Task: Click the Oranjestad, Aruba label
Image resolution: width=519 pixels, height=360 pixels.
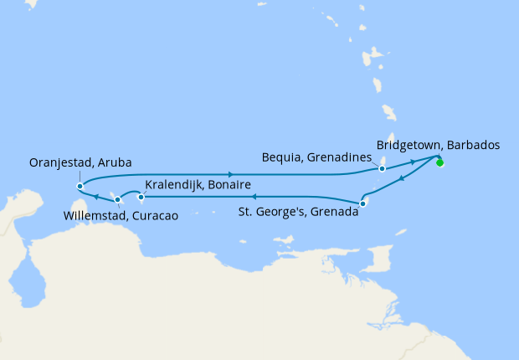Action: pyautogui.click(x=80, y=162)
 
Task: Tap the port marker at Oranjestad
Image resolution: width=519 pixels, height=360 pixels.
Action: pyautogui.click(x=80, y=186)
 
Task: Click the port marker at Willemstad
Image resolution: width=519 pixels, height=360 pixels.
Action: pyautogui.click(x=117, y=199)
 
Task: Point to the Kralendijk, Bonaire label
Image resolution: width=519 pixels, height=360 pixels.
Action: pyautogui.click(x=198, y=184)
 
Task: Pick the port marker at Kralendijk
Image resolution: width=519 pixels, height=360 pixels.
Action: pyautogui.click(x=141, y=198)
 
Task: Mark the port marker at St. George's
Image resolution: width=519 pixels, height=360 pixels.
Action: pyautogui.click(x=362, y=203)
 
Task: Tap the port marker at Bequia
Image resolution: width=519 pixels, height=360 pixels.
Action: pyautogui.click(x=382, y=168)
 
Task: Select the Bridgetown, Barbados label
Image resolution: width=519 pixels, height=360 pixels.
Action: pyautogui.click(x=438, y=144)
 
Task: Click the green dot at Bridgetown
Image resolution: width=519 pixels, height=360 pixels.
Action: pyautogui.click(x=439, y=162)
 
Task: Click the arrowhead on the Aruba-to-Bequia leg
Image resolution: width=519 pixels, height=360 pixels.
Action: pyautogui.click(x=229, y=173)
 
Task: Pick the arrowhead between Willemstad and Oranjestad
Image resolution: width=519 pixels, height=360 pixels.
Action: pyautogui.click(x=95, y=198)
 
